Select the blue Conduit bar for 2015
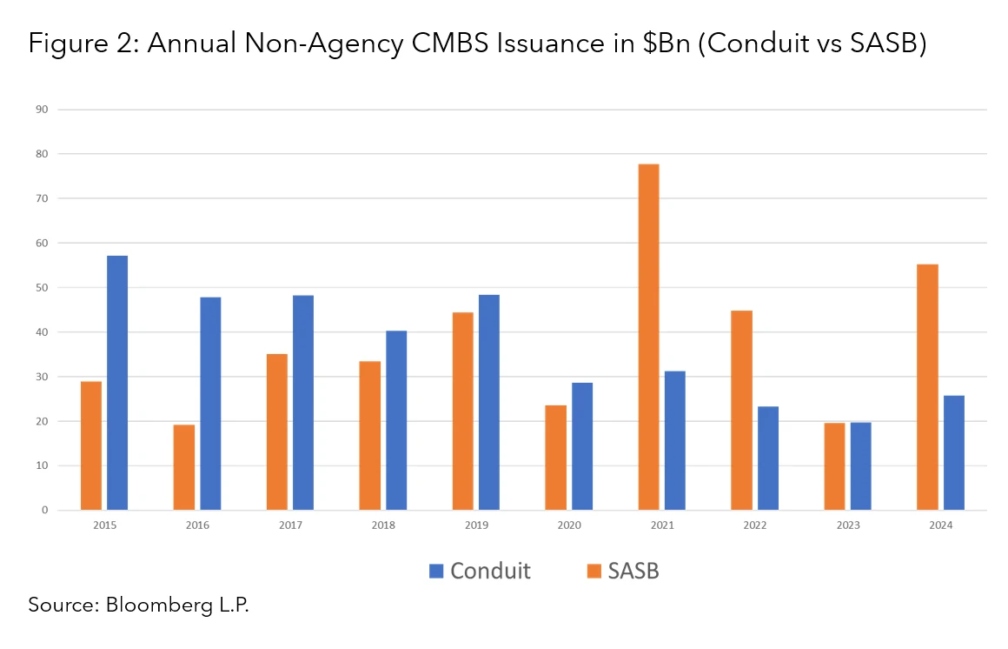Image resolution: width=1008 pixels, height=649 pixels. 117,383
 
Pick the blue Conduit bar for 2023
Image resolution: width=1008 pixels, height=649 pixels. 860,466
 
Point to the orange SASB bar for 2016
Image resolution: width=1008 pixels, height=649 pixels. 184,467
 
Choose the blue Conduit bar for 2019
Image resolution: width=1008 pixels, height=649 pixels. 489,402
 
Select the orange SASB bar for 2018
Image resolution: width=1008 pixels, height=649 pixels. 370,435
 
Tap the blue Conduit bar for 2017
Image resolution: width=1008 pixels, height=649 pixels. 303,403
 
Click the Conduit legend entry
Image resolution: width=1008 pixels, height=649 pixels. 480,571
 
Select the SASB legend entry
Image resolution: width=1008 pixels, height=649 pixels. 622,571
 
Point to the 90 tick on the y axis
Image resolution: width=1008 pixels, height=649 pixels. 41,110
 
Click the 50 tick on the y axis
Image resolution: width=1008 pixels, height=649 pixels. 41,288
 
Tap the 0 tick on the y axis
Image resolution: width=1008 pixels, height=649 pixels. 43,511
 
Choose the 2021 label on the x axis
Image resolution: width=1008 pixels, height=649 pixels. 661,525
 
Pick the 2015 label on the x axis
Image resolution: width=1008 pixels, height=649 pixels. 104,525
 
